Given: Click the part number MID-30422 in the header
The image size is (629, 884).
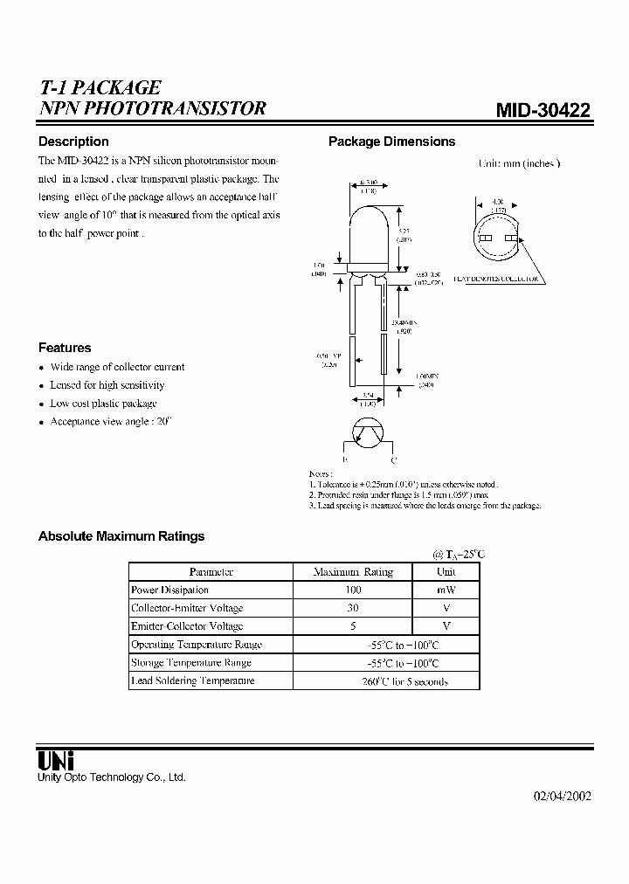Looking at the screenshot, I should tap(543, 110).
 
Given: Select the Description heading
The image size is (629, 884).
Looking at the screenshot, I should tap(73, 142).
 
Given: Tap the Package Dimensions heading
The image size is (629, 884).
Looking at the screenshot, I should tap(391, 142).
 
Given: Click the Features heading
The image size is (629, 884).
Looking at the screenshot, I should tap(65, 347).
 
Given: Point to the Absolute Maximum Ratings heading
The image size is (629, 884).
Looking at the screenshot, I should tap(121, 536).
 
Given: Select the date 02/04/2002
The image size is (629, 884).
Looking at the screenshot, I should tap(562, 797).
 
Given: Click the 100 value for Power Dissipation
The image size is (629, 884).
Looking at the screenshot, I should tap(353, 590).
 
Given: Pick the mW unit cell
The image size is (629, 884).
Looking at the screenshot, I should tap(446, 590).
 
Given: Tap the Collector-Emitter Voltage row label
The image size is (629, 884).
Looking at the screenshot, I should tap(187, 608).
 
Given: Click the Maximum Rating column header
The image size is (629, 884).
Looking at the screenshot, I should tap(353, 572).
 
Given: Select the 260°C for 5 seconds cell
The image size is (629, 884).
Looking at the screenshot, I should tap(404, 681).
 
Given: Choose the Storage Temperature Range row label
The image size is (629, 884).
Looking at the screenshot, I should tap(191, 663).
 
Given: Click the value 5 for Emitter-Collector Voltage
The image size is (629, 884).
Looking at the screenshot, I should tap(353, 626).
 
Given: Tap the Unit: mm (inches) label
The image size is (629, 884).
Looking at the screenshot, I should tap(519, 163).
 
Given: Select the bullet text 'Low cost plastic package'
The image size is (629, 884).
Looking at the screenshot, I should tap(103, 404).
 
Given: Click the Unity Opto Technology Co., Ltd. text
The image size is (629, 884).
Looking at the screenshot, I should tap(112, 777).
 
